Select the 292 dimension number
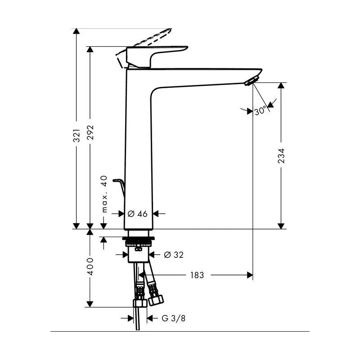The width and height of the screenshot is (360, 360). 91,133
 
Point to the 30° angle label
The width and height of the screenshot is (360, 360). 260,110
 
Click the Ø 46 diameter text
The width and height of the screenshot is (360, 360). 137,214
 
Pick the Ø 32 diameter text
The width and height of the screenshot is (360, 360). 173,255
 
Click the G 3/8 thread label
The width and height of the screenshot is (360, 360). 173,318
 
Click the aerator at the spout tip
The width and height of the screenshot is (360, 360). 250,81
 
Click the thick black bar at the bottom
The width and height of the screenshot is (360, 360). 180,333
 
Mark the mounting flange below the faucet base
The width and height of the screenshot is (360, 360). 139,238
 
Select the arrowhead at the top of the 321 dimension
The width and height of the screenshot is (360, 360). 77,31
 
